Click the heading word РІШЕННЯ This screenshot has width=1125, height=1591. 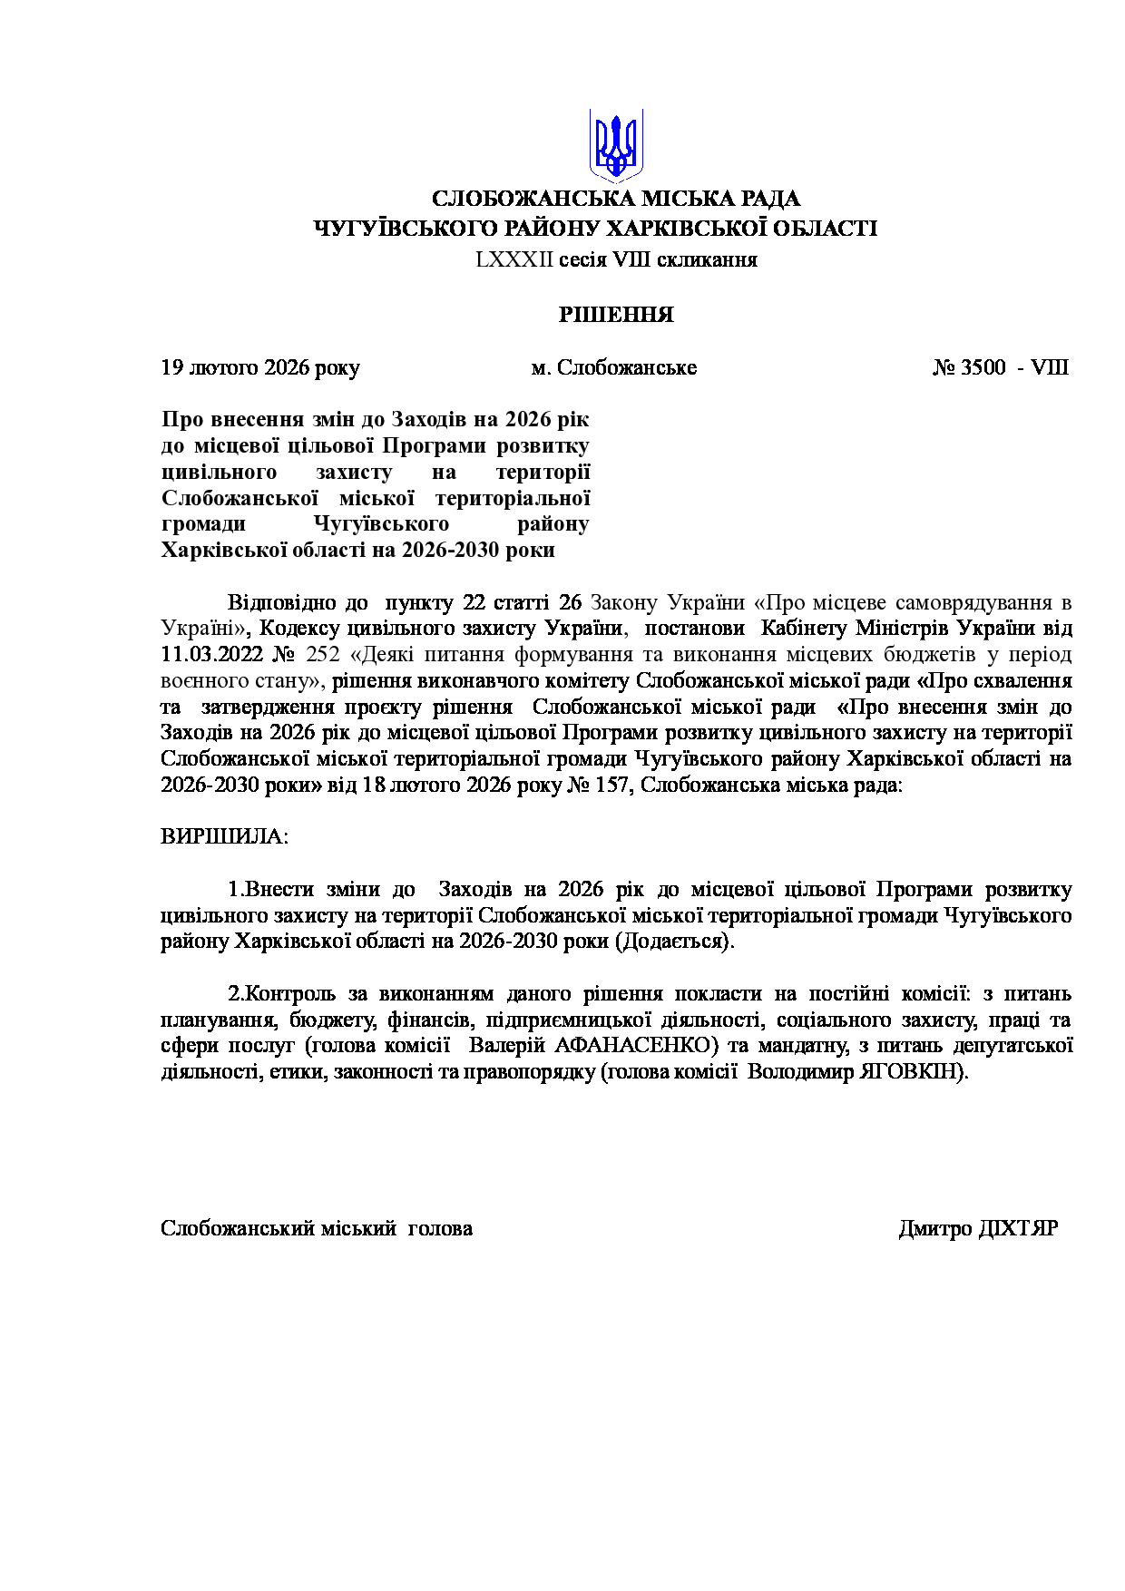pyautogui.click(x=616, y=315)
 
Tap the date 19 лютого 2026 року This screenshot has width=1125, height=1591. pyautogui.click(x=260, y=367)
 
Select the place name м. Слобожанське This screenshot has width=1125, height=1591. pyautogui.click(x=614, y=367)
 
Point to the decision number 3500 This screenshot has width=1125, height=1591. pyautogui.click(x=983, y=367)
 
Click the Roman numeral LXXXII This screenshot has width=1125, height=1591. pyautogui.click(x=514, y=260)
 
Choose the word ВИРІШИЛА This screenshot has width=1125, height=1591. pyautogui.click(x=223, y=836)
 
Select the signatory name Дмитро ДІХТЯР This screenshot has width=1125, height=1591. pyautogui.click(x=978, y=1228)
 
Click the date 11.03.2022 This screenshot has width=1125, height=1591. pyautogui.click(x=212, y=654)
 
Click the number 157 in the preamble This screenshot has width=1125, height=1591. pyautogui.click(x=613, y=785)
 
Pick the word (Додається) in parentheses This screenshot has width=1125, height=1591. pyautogui.click(x=674, y=941)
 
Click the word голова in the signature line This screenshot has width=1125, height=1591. pyautogui.click(x=440, y=1228)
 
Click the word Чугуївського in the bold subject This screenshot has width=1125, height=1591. pyautogui.click(x=381, y=524)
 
